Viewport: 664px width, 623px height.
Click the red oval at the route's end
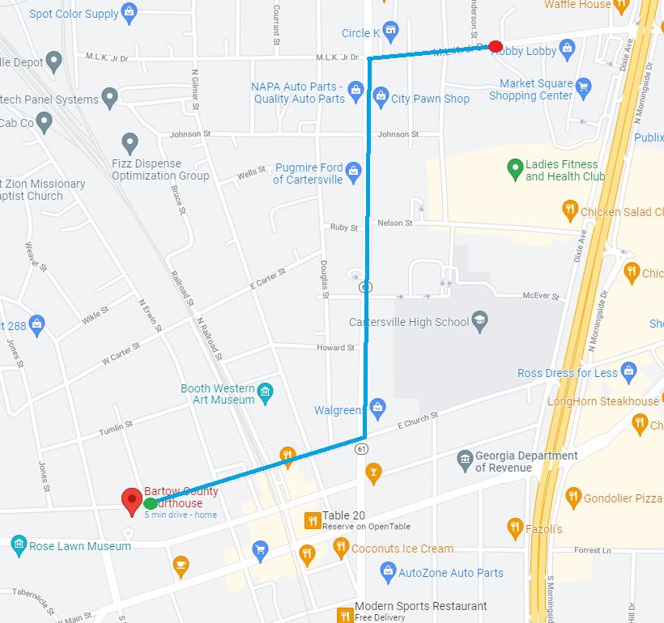point(496,47)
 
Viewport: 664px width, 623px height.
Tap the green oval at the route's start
point(151,504)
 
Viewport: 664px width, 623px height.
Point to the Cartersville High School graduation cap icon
point(480,321)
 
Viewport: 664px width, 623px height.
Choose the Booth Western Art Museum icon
point(265,394)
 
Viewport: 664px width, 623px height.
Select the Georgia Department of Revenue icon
point(464,460)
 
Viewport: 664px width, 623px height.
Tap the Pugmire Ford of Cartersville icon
point(353,172)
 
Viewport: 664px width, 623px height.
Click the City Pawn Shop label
point(430,99)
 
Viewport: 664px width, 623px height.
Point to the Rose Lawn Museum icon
point(19,546)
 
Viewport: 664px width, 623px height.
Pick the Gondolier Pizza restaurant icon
point(573,497)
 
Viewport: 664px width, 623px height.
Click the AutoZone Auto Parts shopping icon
point(388,573)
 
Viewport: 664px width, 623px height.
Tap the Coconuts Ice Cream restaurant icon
point(341,549)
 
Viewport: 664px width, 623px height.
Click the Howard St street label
point(335,348)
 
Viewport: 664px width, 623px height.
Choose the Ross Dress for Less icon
point(629,373)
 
